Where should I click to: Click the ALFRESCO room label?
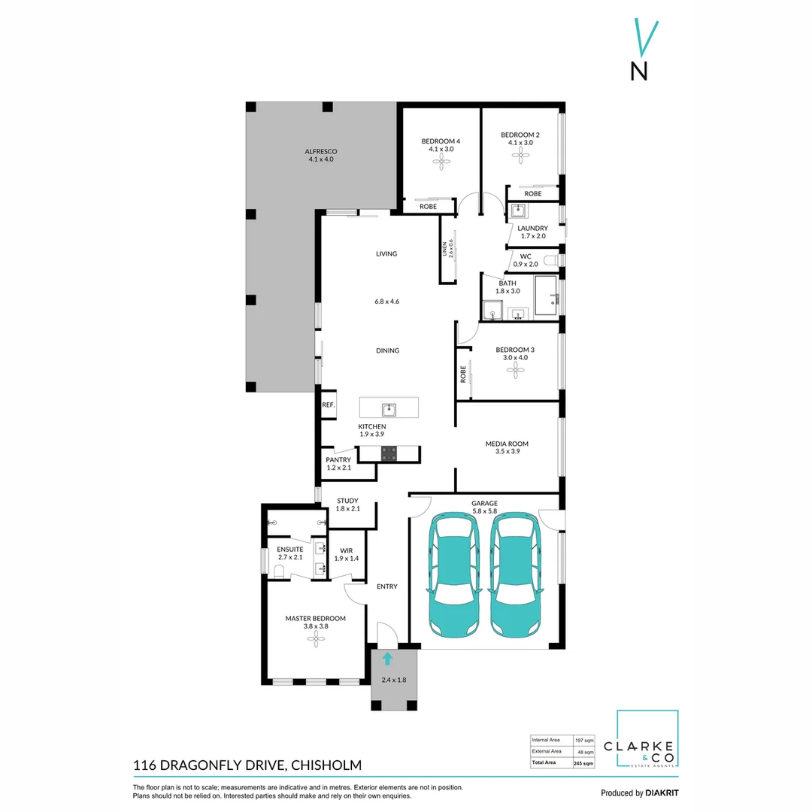coord(320,151)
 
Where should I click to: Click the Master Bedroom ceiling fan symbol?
coord(315,639)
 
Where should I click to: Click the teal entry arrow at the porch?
coord(387,659)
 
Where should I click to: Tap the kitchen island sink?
coord(389,409)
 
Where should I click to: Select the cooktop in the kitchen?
coord(389,453)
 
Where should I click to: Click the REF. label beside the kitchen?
coord(328,404)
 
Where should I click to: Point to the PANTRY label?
coord(338,460)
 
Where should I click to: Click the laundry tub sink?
coord(519,211)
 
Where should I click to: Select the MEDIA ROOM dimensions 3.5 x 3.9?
coord(507,451)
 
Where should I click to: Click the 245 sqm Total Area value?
coord(583,762)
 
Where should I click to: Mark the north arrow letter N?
coord(639,70)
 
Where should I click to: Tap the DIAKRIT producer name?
coord(662,792)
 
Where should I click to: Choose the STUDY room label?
coord(347,501)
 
